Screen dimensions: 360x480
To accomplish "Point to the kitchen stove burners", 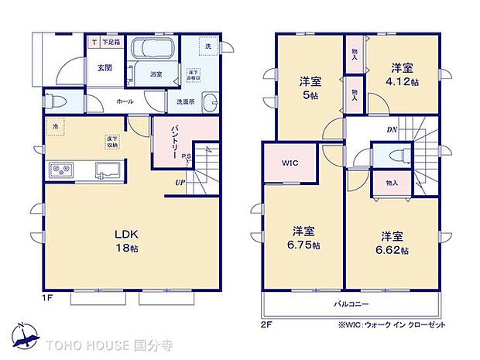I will pos(61,170).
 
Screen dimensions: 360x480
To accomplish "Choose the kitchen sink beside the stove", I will pos(107,170).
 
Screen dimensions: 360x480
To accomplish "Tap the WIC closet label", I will pos(290,163).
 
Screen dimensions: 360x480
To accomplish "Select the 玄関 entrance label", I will pos(105,68).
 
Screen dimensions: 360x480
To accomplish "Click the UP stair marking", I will pos(179,183).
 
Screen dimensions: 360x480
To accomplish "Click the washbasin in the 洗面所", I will pos(209,101).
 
